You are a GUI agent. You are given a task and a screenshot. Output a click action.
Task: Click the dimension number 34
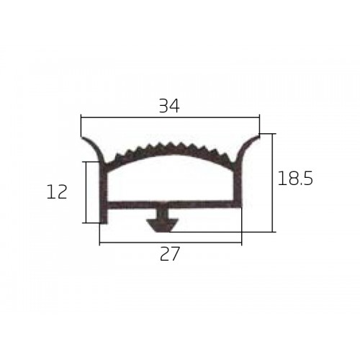pos(169,106)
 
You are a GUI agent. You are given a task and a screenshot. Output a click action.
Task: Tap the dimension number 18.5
pos(295,179)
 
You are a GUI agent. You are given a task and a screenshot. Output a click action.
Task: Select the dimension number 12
pos(57,192)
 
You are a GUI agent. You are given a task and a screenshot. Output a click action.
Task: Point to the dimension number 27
pos(170,254)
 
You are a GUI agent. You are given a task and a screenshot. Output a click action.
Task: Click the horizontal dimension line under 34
pos(171,117)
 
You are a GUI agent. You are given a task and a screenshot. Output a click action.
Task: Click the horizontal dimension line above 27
pos(171,243)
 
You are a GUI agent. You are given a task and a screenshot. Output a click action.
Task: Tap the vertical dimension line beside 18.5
pos(272,183)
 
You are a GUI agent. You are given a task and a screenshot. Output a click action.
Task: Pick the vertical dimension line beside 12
pos(86,192)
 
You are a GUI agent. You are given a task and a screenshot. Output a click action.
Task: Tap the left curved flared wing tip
pos(83,138)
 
